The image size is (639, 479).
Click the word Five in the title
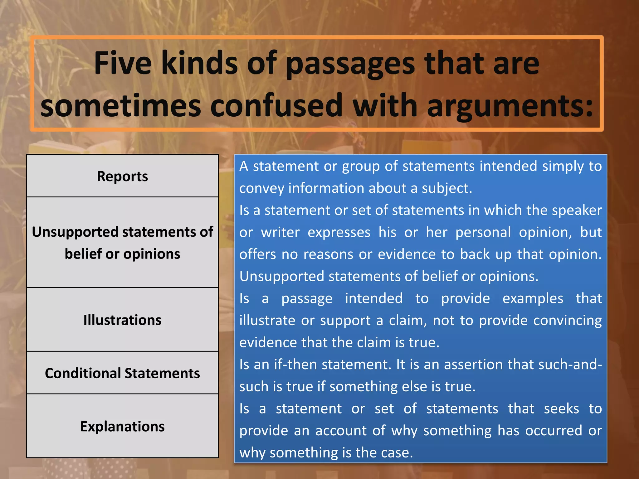[x=123, y=63]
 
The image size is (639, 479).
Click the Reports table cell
[x=122, y=176]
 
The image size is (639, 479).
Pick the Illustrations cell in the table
[x=122, y=320]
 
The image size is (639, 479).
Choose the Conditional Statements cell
[x=122, y=373]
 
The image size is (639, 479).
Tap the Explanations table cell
[x=122, y=426]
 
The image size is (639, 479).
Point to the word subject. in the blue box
[x=447, y=188]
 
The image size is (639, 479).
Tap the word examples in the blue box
[x=533, y=298]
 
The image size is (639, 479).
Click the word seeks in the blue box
[x=561, y=409]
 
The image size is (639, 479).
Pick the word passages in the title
[x=350, y=64]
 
